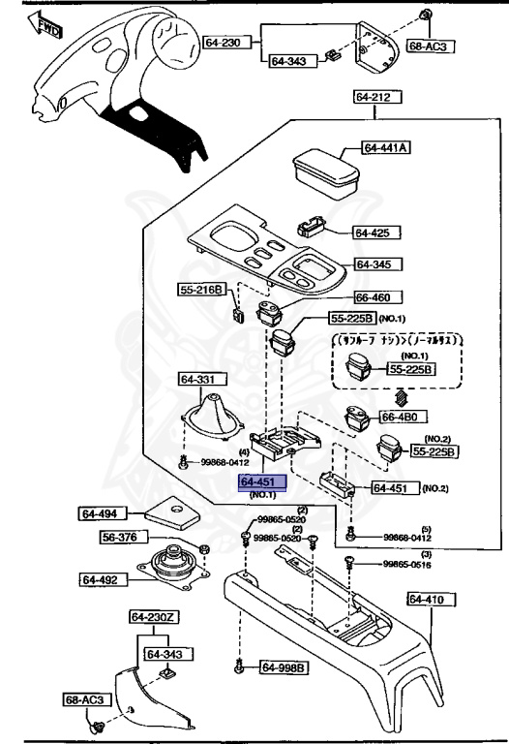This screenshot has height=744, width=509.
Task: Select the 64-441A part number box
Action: coord(386,148)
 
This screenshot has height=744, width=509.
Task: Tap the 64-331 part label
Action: coord(200,379)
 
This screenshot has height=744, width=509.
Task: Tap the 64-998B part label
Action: coord(283,667)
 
